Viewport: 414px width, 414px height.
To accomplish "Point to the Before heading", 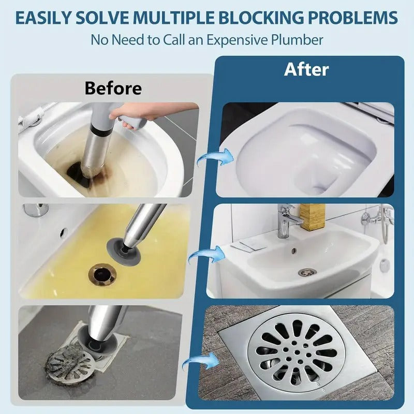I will coord(113,88).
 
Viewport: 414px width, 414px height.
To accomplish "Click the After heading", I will coord(306,70).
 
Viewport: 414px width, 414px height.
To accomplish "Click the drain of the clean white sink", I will coord(307,272).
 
